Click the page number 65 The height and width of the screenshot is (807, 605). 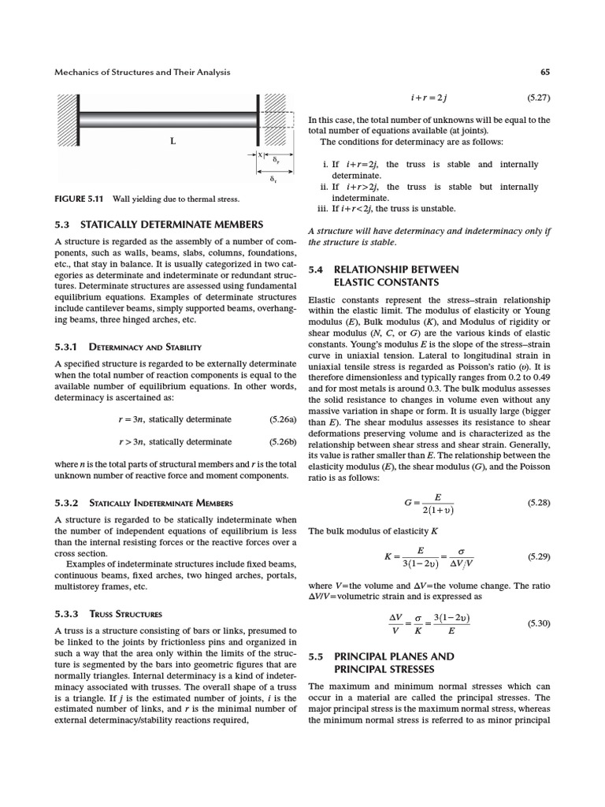(545, 73)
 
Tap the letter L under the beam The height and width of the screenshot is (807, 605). (173, 142)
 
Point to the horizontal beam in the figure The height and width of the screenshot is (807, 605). (169, 119)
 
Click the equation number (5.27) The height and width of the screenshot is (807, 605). (537, 99)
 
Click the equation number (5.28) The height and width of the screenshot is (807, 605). (537, 501)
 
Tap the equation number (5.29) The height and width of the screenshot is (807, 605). (537, 556)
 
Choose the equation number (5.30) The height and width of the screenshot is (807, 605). (537, 623)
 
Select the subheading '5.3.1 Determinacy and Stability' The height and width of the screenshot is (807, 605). (128, 347)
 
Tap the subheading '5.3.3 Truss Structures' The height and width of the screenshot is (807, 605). (109, 614)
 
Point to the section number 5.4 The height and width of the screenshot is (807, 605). (317, 270)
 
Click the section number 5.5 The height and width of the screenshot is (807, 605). (317, 656)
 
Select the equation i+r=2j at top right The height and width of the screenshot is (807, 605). (429, 99)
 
